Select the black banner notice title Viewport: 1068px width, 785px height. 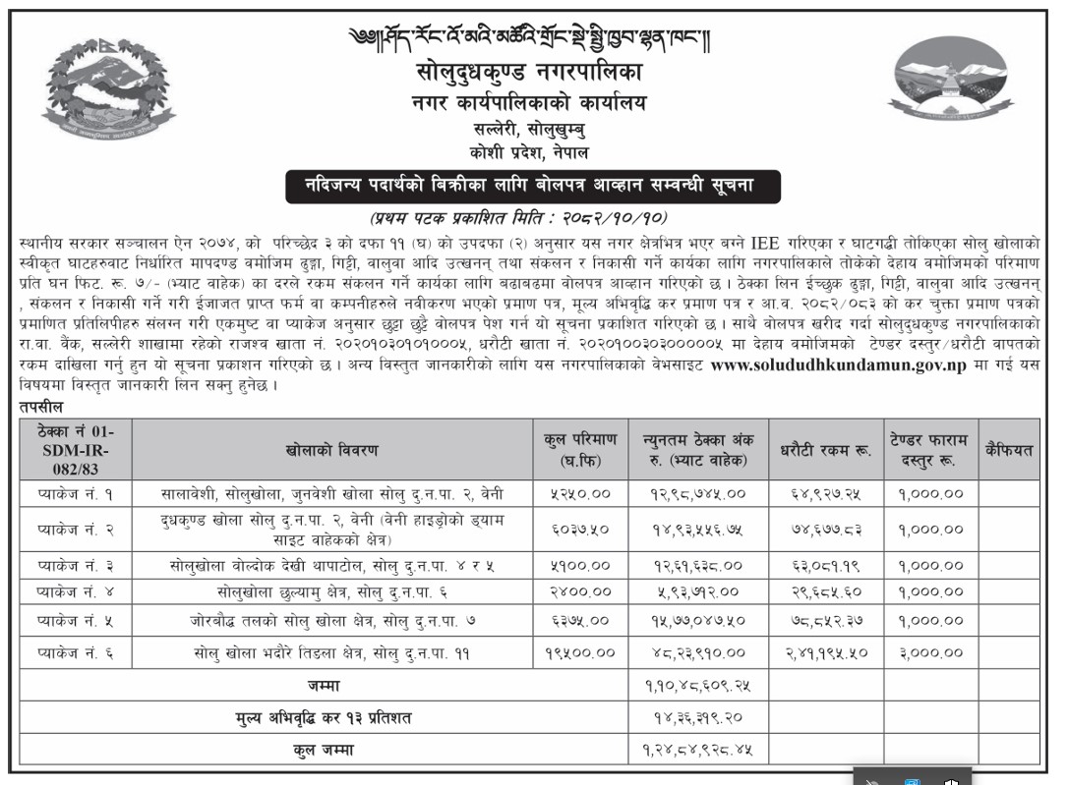(519, 187)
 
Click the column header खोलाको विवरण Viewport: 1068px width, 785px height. (332, 450)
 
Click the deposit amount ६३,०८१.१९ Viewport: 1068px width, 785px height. (822, 566)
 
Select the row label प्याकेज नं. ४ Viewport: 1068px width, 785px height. (76, 593)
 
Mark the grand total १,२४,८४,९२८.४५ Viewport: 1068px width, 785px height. (698, 751)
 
